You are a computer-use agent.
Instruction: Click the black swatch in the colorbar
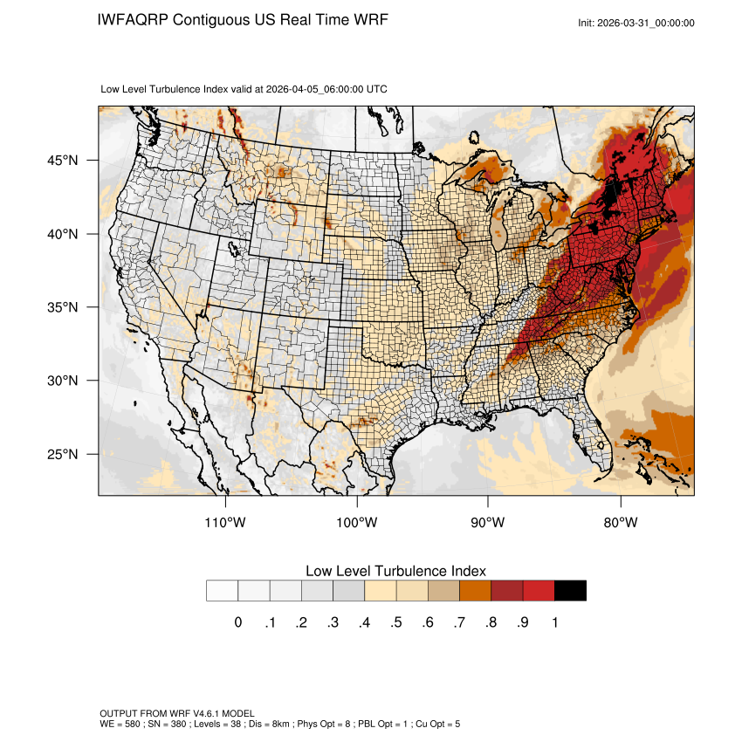(570, 591)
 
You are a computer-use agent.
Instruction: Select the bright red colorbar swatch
(539, 591)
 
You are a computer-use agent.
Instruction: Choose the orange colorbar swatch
(475, 591)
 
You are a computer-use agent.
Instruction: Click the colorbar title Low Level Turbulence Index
(395, 571)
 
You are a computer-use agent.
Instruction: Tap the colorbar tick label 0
(237, 622)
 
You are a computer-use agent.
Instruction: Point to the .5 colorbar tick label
(395, 622)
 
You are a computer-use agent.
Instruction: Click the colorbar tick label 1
(554, 622)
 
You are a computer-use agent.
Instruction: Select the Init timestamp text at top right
(636, 23)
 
